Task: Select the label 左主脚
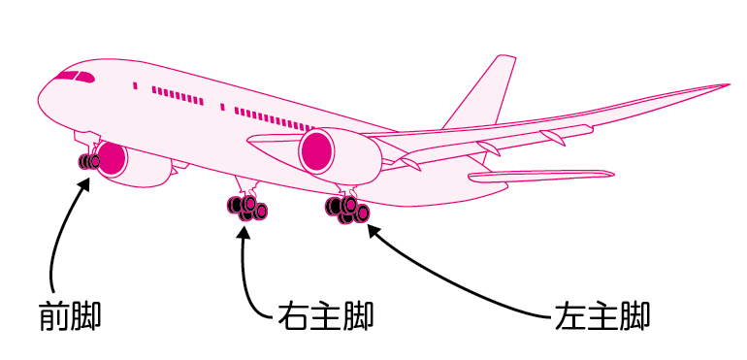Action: (601, 317)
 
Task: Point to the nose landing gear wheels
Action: (89, 161)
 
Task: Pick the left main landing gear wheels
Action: (348, 209)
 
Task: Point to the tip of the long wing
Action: (726, 85)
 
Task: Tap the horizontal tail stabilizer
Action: (539, 176)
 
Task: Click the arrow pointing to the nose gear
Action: (58, 233)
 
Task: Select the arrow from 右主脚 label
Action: (245, 272)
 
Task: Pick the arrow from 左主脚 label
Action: (456, 291)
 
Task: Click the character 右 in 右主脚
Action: (293, 317)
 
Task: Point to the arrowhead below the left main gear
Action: (375, 233)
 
